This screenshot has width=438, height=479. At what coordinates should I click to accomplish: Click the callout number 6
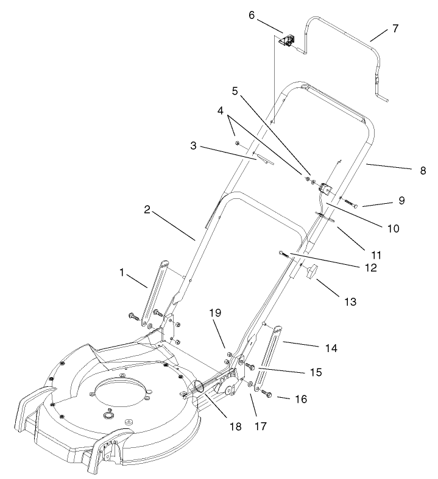coord(252,15)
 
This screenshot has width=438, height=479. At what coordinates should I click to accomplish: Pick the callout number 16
coord(300,399)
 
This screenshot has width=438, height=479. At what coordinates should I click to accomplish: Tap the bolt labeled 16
coord(267,395)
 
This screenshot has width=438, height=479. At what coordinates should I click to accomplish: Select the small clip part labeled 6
coord(286,41)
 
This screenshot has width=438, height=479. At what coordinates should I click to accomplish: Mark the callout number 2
coord(147,209)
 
